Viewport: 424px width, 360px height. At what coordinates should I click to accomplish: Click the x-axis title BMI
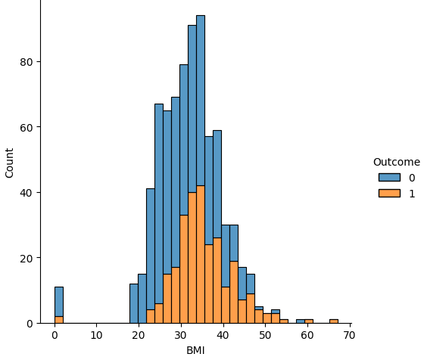(x=195, y=350)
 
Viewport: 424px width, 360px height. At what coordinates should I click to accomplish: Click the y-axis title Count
(x=10, y=163)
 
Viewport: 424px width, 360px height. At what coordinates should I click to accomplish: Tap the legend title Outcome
(x=396, y=162)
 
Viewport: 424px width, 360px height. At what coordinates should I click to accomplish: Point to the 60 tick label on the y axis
(x=26, y=127)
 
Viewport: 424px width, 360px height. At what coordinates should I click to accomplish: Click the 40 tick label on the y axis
(x=26, y=193)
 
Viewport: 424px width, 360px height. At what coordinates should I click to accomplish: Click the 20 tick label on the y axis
(x=26, y=258)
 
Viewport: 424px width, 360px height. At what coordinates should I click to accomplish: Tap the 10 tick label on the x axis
(x=96, y=334)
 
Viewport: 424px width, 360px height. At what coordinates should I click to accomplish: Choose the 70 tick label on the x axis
(x=350, y=334)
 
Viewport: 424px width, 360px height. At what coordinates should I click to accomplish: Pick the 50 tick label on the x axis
(x=265, y=334)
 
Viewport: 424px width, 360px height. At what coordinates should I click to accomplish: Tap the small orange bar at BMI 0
(x=59, y=320)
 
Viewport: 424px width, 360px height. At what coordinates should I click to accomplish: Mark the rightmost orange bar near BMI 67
(x=334, y=321)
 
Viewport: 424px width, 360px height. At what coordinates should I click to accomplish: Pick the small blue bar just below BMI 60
(x=301, y=321)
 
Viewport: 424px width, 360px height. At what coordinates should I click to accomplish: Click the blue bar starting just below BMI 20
(x=134, y=303)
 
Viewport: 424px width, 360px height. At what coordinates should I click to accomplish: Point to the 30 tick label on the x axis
(x=180, y=334)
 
